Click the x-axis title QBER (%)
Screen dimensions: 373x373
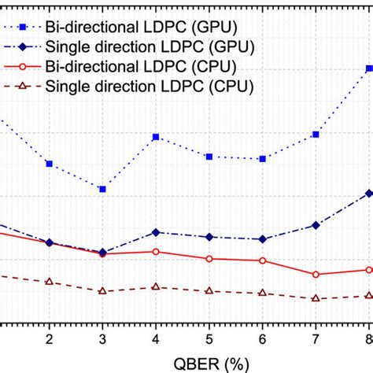point(209,364)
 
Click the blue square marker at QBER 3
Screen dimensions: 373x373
point(102,189)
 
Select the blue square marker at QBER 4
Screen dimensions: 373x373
point(156,137)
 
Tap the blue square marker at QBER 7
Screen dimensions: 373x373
point(316,135)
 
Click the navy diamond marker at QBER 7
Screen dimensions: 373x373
point(316,225)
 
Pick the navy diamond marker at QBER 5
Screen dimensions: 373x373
point(209,237)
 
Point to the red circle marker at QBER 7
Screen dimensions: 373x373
point(316,275)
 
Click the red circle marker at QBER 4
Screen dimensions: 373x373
point(156,252)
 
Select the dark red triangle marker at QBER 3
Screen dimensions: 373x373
point(102,291)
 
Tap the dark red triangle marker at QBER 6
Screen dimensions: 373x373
point(262,293)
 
